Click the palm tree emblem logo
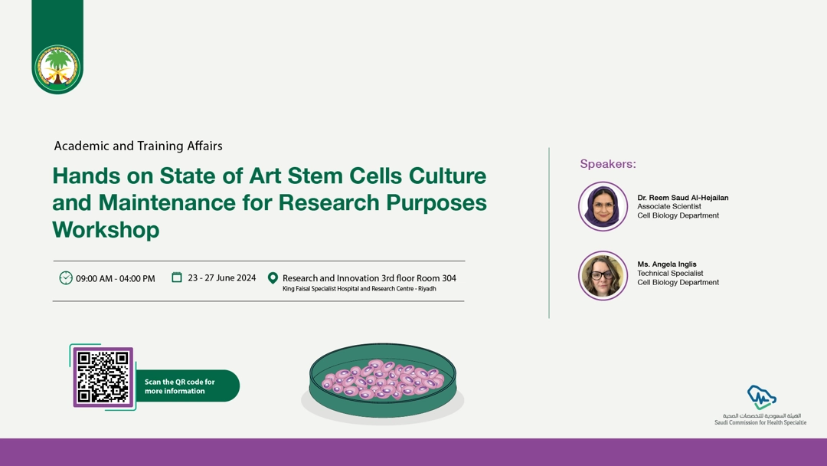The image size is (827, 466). (x=57, y=67)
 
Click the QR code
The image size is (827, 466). (x=103, y=377)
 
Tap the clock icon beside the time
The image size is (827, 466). (x=65, y=277)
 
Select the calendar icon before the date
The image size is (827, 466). (x=177, y=277)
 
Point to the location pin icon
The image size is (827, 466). (x=273, y=278)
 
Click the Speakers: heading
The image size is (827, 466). (x=607, y=164)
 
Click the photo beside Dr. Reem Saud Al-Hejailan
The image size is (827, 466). (x=603, y=206)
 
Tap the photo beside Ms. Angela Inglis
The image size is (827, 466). (x=603, y=275)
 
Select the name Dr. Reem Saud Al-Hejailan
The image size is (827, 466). (x=682, y=198)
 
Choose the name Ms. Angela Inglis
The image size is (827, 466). (x=667, y=264)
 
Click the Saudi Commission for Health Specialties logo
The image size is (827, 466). (x=760, y=405)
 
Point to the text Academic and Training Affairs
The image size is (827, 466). (x=138, y=146)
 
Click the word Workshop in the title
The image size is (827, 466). (x=106, y=230)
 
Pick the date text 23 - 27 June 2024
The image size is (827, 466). (x=221, y=277)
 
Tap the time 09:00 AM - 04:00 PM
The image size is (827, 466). (x=116, y=278)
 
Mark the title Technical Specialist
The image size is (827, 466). (x=670, y=274)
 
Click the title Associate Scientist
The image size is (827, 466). (x=668, y=206)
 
